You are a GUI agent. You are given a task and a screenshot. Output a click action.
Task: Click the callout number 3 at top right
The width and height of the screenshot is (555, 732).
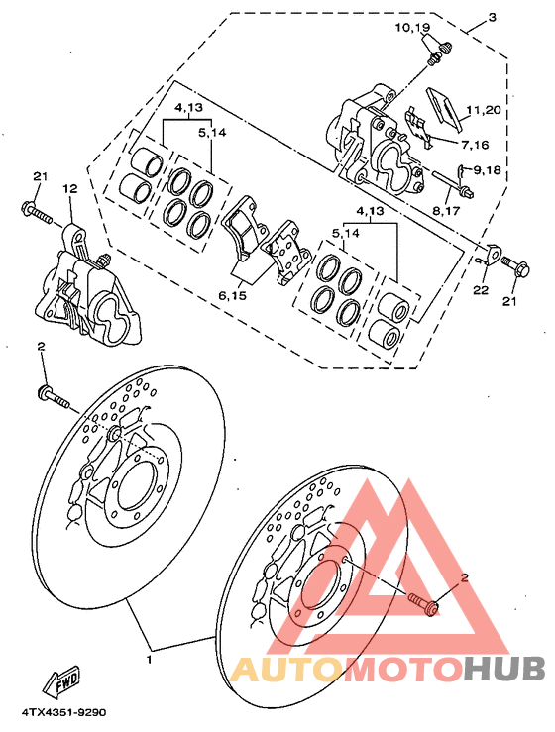point(493,17)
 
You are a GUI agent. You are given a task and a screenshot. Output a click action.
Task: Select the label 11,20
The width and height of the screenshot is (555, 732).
point(485,112)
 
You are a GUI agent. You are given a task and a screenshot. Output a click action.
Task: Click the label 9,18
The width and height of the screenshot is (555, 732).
point(488,170)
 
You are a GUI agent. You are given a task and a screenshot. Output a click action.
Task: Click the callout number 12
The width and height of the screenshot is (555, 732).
point(69,188)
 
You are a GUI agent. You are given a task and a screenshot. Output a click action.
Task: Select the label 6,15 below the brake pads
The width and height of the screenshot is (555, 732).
point(233,295)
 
